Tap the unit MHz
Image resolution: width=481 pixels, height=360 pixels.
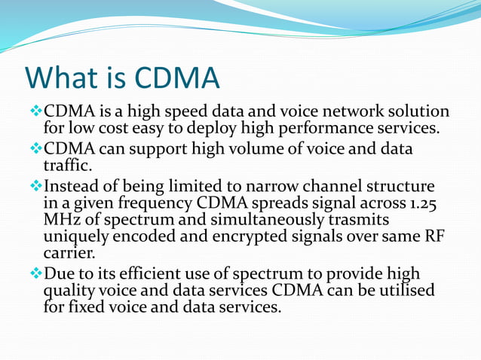click(63, 221)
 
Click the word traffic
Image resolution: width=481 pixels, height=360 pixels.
click(69, 165)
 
